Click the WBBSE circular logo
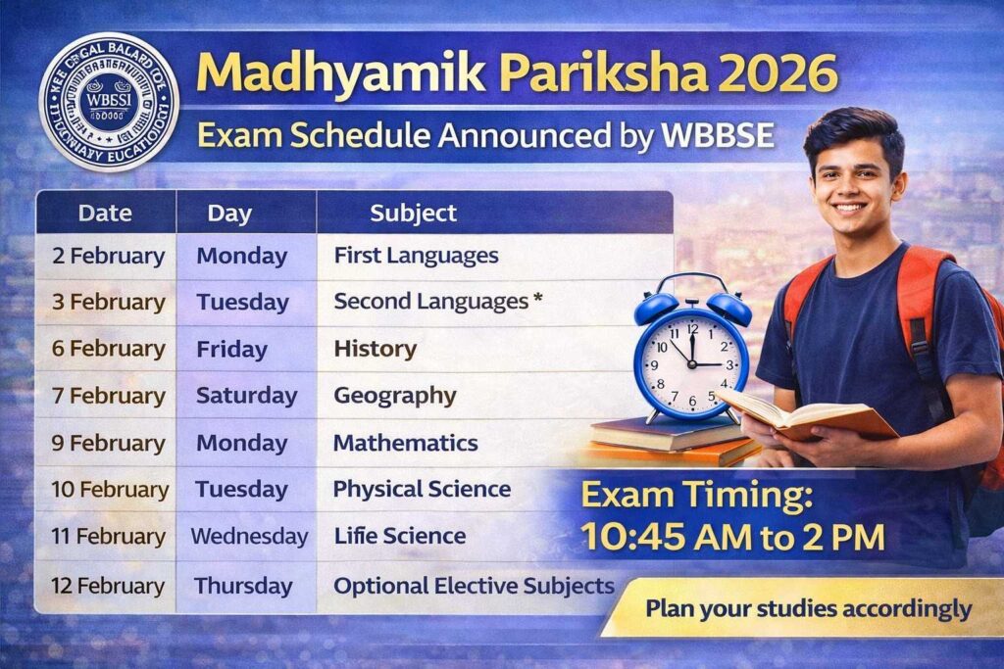108,102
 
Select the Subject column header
413,213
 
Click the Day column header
229,213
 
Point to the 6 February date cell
108,349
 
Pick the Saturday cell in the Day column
246,396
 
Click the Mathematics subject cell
405,443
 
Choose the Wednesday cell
249,537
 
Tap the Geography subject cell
394,396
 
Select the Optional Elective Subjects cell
474,586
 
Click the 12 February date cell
108,586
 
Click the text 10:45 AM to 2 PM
732,537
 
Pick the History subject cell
375,349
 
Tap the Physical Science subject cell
422,489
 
